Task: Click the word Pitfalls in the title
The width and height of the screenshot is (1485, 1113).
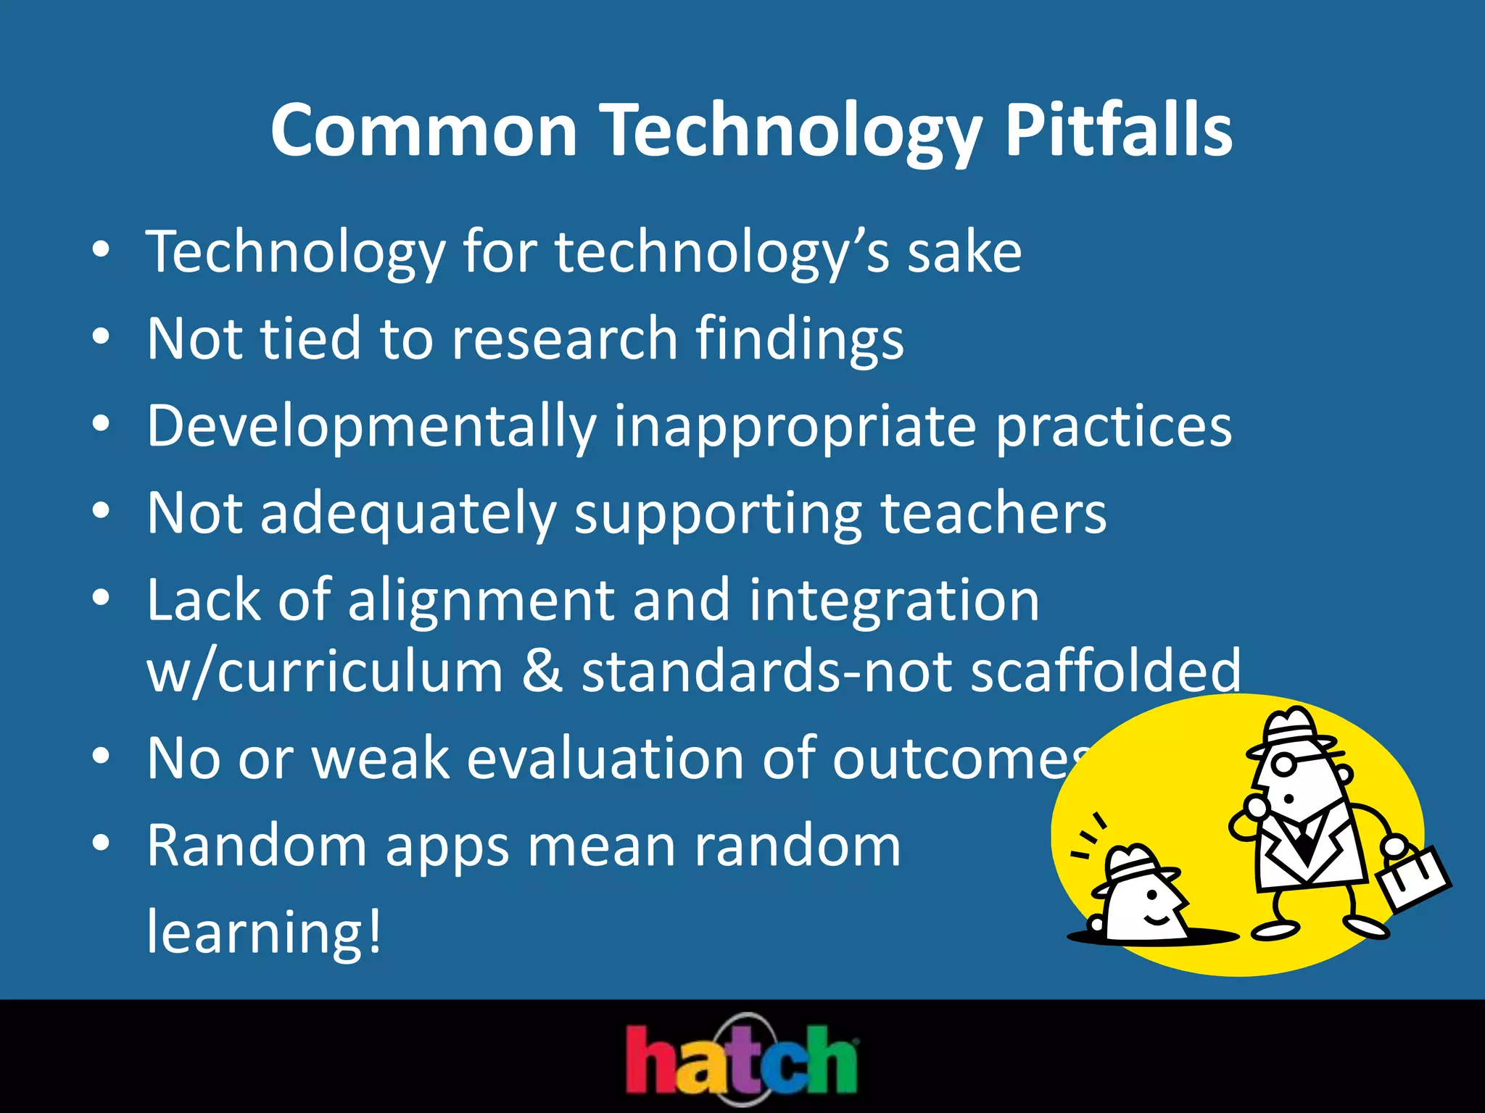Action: point(1117,130)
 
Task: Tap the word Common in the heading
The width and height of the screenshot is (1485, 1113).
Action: point(423,130)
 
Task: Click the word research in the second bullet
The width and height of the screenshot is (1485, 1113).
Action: point(564,339)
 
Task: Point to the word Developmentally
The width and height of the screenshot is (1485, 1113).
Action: point(371,428)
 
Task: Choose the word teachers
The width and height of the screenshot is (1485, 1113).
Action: point(993,513)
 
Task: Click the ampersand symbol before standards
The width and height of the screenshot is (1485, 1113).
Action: point(542,671)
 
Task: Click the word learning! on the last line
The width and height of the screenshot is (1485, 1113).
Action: point(264,932)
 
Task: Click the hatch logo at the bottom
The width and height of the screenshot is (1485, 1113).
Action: point(742,1059)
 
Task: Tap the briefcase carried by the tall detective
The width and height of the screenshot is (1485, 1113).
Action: point(1413,878)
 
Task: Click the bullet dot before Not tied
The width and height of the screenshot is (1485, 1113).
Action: point(101,337)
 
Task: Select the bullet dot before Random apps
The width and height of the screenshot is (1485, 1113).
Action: point(101,843)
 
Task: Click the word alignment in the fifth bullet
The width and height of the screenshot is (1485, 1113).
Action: point(481,601)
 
